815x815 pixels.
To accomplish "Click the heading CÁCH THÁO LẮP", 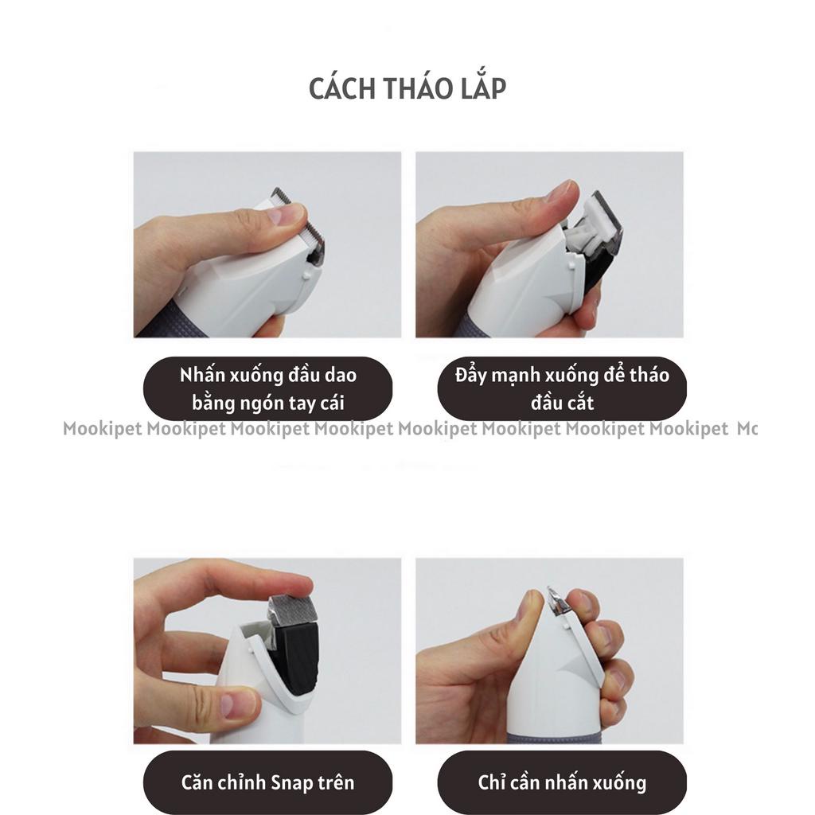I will click(407, 88).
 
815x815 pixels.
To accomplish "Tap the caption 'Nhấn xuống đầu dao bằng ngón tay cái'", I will click(267, 388).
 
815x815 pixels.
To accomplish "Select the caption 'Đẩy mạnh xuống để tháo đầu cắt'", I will click(562, 388).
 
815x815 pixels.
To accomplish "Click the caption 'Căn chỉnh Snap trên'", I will click(267, 782).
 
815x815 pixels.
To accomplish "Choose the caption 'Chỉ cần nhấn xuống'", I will click(562, 782).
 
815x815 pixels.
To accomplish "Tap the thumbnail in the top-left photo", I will click(287, 214).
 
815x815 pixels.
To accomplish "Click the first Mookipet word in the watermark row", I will click(103, 430).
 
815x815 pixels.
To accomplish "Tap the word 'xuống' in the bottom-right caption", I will click(618, 782).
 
